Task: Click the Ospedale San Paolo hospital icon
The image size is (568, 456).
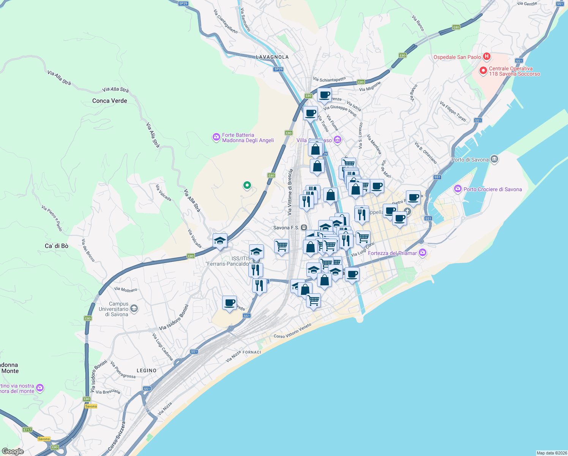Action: [486, 57]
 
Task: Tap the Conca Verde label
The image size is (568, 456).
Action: [110, 101]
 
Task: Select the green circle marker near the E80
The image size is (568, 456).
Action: [247, 185]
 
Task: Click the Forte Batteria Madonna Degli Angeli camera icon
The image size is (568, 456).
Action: [216, 137]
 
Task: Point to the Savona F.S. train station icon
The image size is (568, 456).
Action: [304, 228]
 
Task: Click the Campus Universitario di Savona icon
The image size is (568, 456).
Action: [134, 309]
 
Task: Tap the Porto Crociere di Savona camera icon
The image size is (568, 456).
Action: [458, 189]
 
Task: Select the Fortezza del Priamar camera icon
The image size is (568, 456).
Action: [423, 253]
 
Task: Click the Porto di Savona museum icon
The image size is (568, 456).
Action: [494, 159]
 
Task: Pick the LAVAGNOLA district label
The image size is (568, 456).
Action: [272, 57]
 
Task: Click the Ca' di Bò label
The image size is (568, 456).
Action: [57, 246]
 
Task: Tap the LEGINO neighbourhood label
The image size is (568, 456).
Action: [147, 370]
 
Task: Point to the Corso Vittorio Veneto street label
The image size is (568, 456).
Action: [292, 331]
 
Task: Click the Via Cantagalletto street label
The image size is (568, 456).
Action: [226, 22]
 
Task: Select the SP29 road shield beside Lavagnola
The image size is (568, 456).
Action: [278, 69]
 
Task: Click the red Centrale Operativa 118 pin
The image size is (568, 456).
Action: [483, 71]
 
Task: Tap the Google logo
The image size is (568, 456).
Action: [13, 451]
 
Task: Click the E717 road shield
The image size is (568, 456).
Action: [27, 430]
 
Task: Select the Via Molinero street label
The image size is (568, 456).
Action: [126, 290]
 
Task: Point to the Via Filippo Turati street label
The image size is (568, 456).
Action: [453, 111]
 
